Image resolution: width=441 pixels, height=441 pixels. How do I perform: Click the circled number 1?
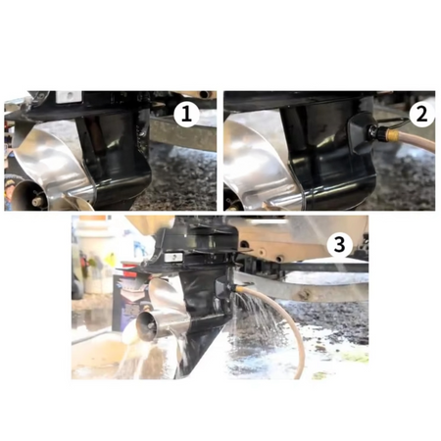pos(186,115)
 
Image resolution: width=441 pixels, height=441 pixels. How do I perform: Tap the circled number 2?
pos(421,115)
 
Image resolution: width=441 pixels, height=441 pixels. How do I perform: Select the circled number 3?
pos(340,244)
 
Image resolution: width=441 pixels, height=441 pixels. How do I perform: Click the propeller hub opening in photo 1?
pos(27,196)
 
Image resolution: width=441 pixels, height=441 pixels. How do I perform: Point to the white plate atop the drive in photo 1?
pos(69,96)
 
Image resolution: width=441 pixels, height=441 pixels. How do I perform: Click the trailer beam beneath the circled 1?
pos(183,134)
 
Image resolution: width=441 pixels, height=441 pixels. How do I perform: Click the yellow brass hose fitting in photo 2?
pos(388,133)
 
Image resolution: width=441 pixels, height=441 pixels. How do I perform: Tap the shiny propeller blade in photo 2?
pos(258,160)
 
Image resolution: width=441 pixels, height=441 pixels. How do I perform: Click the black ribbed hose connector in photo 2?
pos(376,132)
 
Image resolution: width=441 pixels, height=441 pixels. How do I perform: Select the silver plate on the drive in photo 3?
pos(173,258)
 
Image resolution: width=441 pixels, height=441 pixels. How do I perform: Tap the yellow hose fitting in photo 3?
pos(242,289)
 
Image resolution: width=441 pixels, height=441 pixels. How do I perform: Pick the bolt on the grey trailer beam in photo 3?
pos(304,296)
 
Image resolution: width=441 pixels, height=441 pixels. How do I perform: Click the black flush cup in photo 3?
pos(226,286)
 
